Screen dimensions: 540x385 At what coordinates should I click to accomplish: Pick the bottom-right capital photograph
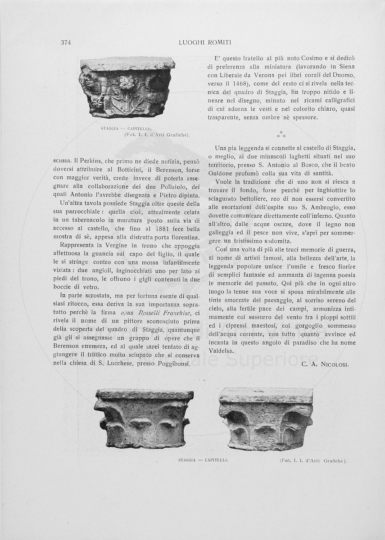(266, 419)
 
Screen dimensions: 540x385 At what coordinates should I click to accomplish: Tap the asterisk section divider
(281, 134)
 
